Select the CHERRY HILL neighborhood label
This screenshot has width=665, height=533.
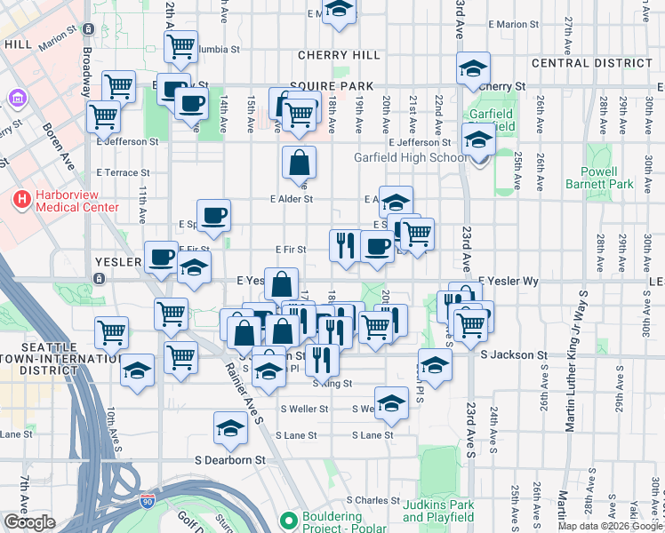click(326, 55)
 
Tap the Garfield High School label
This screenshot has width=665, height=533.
click(410, 158)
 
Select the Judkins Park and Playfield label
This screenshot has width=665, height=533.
click(438, 511)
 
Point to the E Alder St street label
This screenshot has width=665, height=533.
click(292, 199)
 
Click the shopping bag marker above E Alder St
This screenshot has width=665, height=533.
click(300, 163)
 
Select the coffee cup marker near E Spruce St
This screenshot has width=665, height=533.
click(213, 215)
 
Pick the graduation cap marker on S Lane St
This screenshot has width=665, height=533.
click(230, 428)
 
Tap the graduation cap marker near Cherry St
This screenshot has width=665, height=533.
click(473, 67)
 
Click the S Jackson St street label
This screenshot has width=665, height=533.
click(513, 354)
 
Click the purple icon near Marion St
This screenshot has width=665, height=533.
click(16, 97)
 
